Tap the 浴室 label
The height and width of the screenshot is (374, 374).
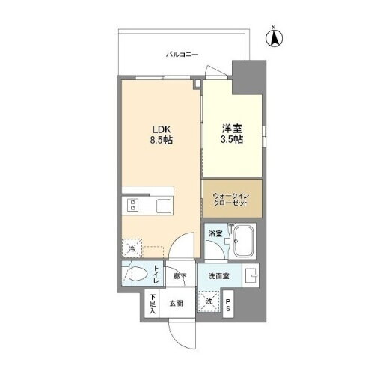[x=214, y=234]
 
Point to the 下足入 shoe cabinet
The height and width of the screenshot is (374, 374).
[x=152, y=302]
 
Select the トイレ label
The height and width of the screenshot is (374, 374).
[x=156, y=275]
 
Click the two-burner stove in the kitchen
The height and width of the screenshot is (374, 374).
[x=133, y=205]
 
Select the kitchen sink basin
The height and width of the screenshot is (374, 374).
[x=162, y=205]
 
